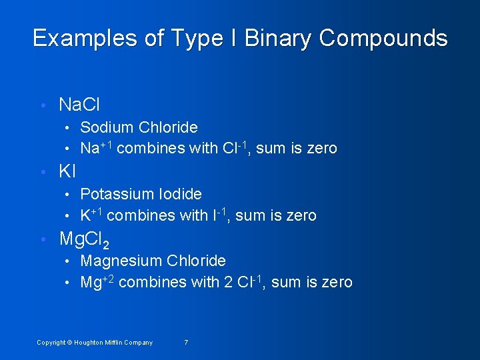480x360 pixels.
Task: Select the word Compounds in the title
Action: (383, 38)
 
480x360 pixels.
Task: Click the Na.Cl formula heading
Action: (79, 105)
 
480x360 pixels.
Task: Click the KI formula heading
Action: (67, 171)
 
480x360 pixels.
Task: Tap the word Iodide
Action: (180, 194)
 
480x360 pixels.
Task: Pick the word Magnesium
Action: (121, 261)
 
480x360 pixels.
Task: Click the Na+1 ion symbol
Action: (96, 147)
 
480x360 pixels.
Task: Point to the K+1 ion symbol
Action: (91, 215)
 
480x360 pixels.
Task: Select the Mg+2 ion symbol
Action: (97, 281)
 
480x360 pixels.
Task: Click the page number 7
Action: (186, 343)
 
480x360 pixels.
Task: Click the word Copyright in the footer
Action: (51, 343)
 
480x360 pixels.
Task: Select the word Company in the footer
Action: (139, 343)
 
